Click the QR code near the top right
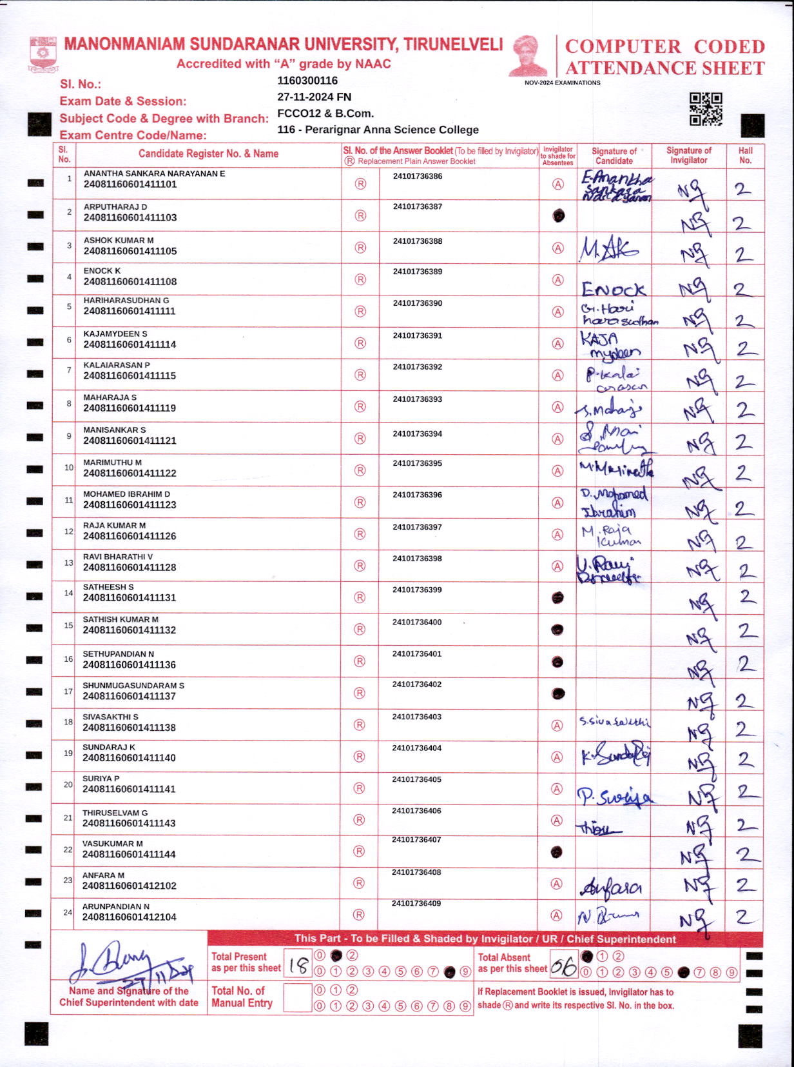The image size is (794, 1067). [x=706, y=108]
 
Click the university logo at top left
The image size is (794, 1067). [x=43, y=54]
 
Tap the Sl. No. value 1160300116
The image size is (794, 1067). [x=307, y=81]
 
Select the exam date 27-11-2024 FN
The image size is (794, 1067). [x=314, y=97]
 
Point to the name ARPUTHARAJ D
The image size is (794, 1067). [x=115, y=206]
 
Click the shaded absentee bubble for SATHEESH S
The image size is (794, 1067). [x=557, y=598]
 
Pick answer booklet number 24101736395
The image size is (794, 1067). [x=417, y=463]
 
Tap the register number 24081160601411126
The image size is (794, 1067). [x=130, y=536]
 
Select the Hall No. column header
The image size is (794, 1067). [x=745, y=155]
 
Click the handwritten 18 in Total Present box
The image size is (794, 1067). [x=298, y=965]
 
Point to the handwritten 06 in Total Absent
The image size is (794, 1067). [x=563, y=966]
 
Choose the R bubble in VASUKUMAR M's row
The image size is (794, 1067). [x=360, y=852]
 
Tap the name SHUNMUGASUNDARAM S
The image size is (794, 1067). [x=133, y=685]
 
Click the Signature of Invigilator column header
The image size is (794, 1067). [x=688, y=155]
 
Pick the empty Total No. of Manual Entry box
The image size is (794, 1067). [x=297, y=998]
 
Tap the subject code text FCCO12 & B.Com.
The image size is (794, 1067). [x=325, y=114]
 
